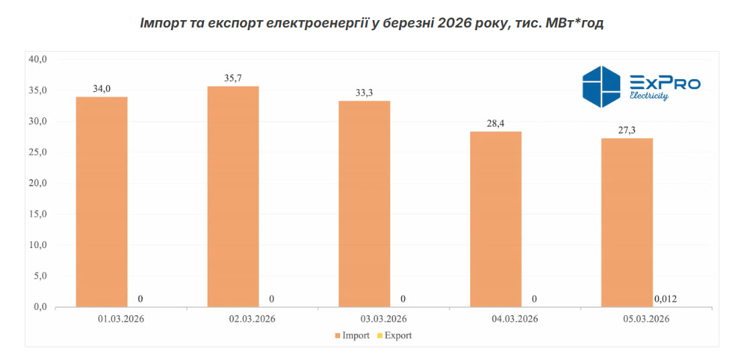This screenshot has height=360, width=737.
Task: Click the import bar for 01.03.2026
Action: (x=101, y=201)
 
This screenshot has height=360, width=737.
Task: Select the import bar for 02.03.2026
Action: (x=233, y=196)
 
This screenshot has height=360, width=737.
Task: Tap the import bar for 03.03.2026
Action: (x=364, y=203)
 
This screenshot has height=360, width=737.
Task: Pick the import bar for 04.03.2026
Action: (x=496, y=219)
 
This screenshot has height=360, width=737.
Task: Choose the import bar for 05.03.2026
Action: (x=627, y=222)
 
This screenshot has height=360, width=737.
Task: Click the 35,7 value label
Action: (x=233, y=78)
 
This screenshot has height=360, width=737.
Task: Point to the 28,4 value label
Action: (x=496, y=123)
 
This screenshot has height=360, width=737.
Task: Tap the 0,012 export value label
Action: (x=665, y=299)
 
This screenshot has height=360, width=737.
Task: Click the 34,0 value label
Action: (x=101, y=88)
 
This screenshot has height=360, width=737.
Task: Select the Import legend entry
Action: (x=351, y=335)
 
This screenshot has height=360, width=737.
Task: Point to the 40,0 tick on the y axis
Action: (x=38, y=59)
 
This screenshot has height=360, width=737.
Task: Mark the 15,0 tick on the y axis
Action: (x=38, y=214)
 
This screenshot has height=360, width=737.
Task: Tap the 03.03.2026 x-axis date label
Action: (x=384, y=318)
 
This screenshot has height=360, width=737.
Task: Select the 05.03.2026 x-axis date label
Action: (x=646, y=318)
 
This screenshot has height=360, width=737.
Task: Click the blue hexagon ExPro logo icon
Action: (x=602, y=86)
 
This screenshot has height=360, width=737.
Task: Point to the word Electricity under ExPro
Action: (x=648, y=96)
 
